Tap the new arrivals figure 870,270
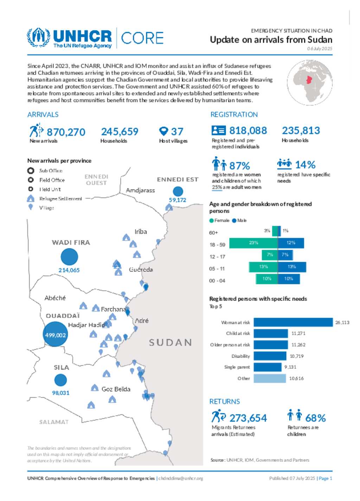click(x=66, y=132)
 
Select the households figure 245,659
click(x=120, y=131)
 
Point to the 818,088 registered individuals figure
click(x=248, y=131)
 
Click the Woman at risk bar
click(x=293, y=322)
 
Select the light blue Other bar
click(x=270, y=378)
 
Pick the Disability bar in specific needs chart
click(x=270, y=356)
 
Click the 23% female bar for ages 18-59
click(x=253, y=243)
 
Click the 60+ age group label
click(x=213, y=233)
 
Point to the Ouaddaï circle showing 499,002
click(x=55, y=335)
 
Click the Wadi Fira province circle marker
click(x=69, y=257)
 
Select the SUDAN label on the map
click(x=171, y=342)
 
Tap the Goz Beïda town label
click(x=116, y=389)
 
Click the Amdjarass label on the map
click(x=140, y=190)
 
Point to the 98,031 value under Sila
click(x=61, y=393)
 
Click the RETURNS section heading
click(x=225, y=402)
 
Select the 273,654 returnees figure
click(x=248, y=418)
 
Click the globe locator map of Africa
click(x=309, y=83)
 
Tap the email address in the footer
click(x=181, y=478)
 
